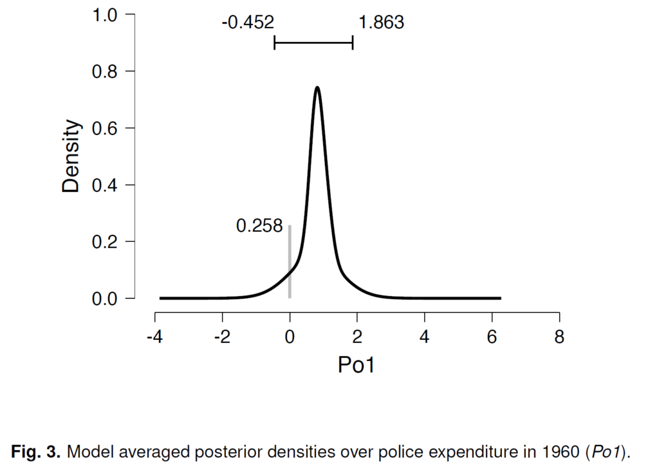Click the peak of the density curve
click(x=317, y=88)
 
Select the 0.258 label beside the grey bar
click(x=259, y=227)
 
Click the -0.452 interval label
click(x=248, y=23)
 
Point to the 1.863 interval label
click(x=381, y=23)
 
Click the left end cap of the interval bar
click(x=275, y=43)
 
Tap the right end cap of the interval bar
click(x=353, y=43)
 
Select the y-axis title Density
click(x=72, y=156)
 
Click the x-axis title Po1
click(x=357, y=365)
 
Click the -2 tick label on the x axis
click(x=221, y=337)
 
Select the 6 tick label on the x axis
click(x=492, y=337)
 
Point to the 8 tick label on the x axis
click(x=559, y=337)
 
